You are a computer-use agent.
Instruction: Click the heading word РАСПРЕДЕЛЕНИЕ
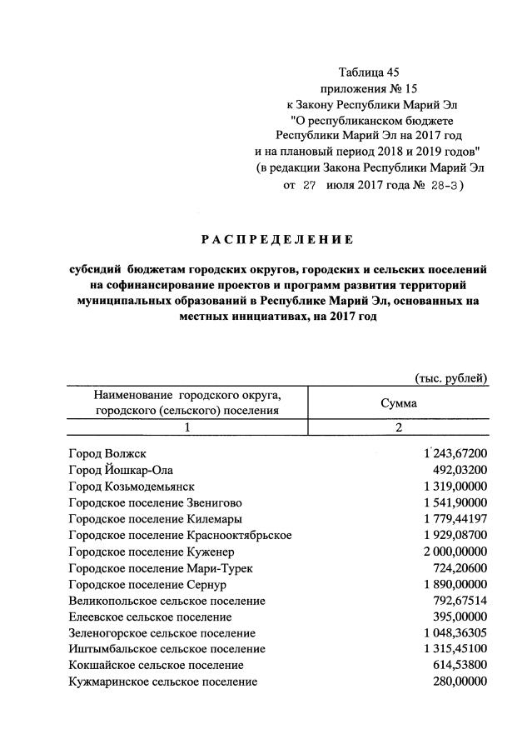[x=277, y=240]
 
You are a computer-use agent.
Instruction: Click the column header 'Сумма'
[x=399, y=402]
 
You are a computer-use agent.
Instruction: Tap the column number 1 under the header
[x=187, y=427]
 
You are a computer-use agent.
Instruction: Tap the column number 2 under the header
[x=399, y=427]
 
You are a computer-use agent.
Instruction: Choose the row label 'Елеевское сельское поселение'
[x=150, y=617]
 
